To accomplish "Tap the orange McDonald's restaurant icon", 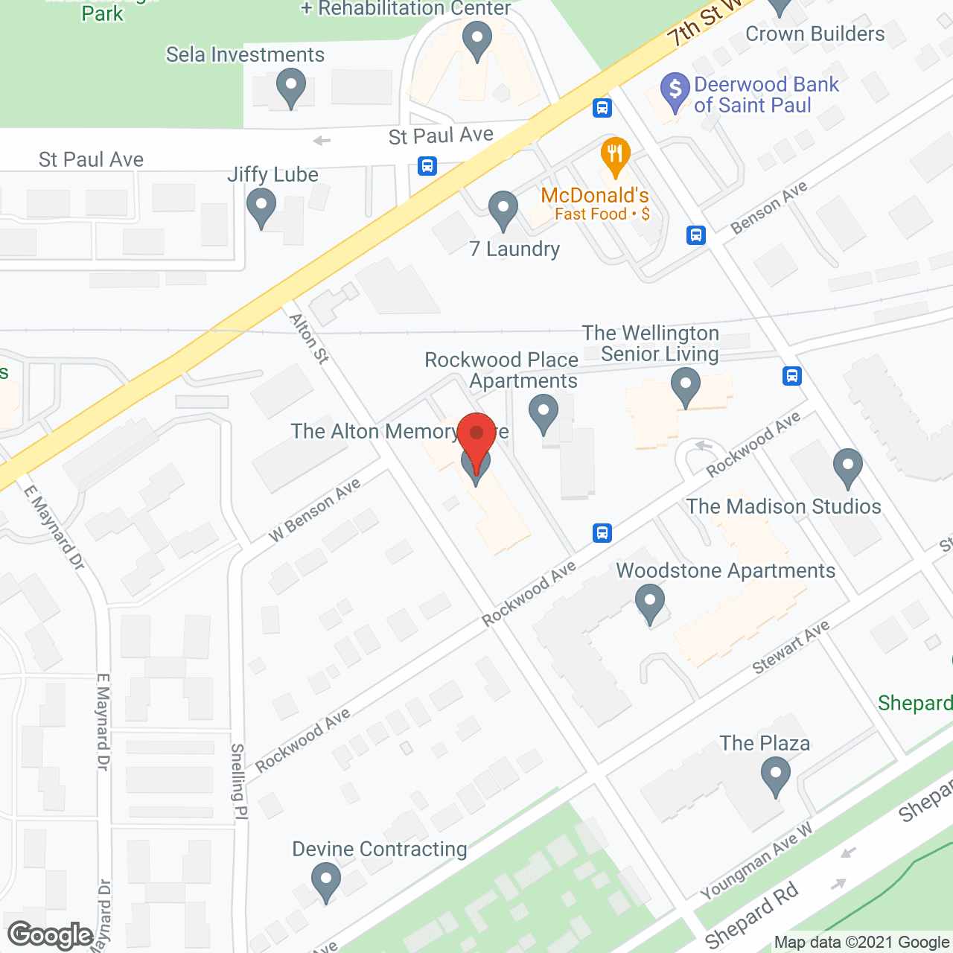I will coord(615,156).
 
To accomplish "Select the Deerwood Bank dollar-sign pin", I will coord(675,91).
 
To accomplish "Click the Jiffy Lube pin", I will coord(261,207).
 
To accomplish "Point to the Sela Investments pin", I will coord(291,87).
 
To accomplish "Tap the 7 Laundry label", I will coord(514,249).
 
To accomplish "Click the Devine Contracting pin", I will coord(325,881).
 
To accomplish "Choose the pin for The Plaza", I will coord(776,776).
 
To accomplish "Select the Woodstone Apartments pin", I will coord(650,603).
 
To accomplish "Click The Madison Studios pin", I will coord(847,467).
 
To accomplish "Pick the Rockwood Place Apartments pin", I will coord(544,413).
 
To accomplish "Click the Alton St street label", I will coord(309,338).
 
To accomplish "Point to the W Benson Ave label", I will coord(315,509).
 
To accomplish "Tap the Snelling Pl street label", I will coord(238,781).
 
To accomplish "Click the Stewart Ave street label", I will coord(791,648).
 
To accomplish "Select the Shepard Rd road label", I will coord(751,915).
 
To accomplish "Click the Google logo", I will coord(51,935).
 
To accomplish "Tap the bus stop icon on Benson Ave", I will coord(696,235).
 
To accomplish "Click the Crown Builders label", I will coord(815,34).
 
